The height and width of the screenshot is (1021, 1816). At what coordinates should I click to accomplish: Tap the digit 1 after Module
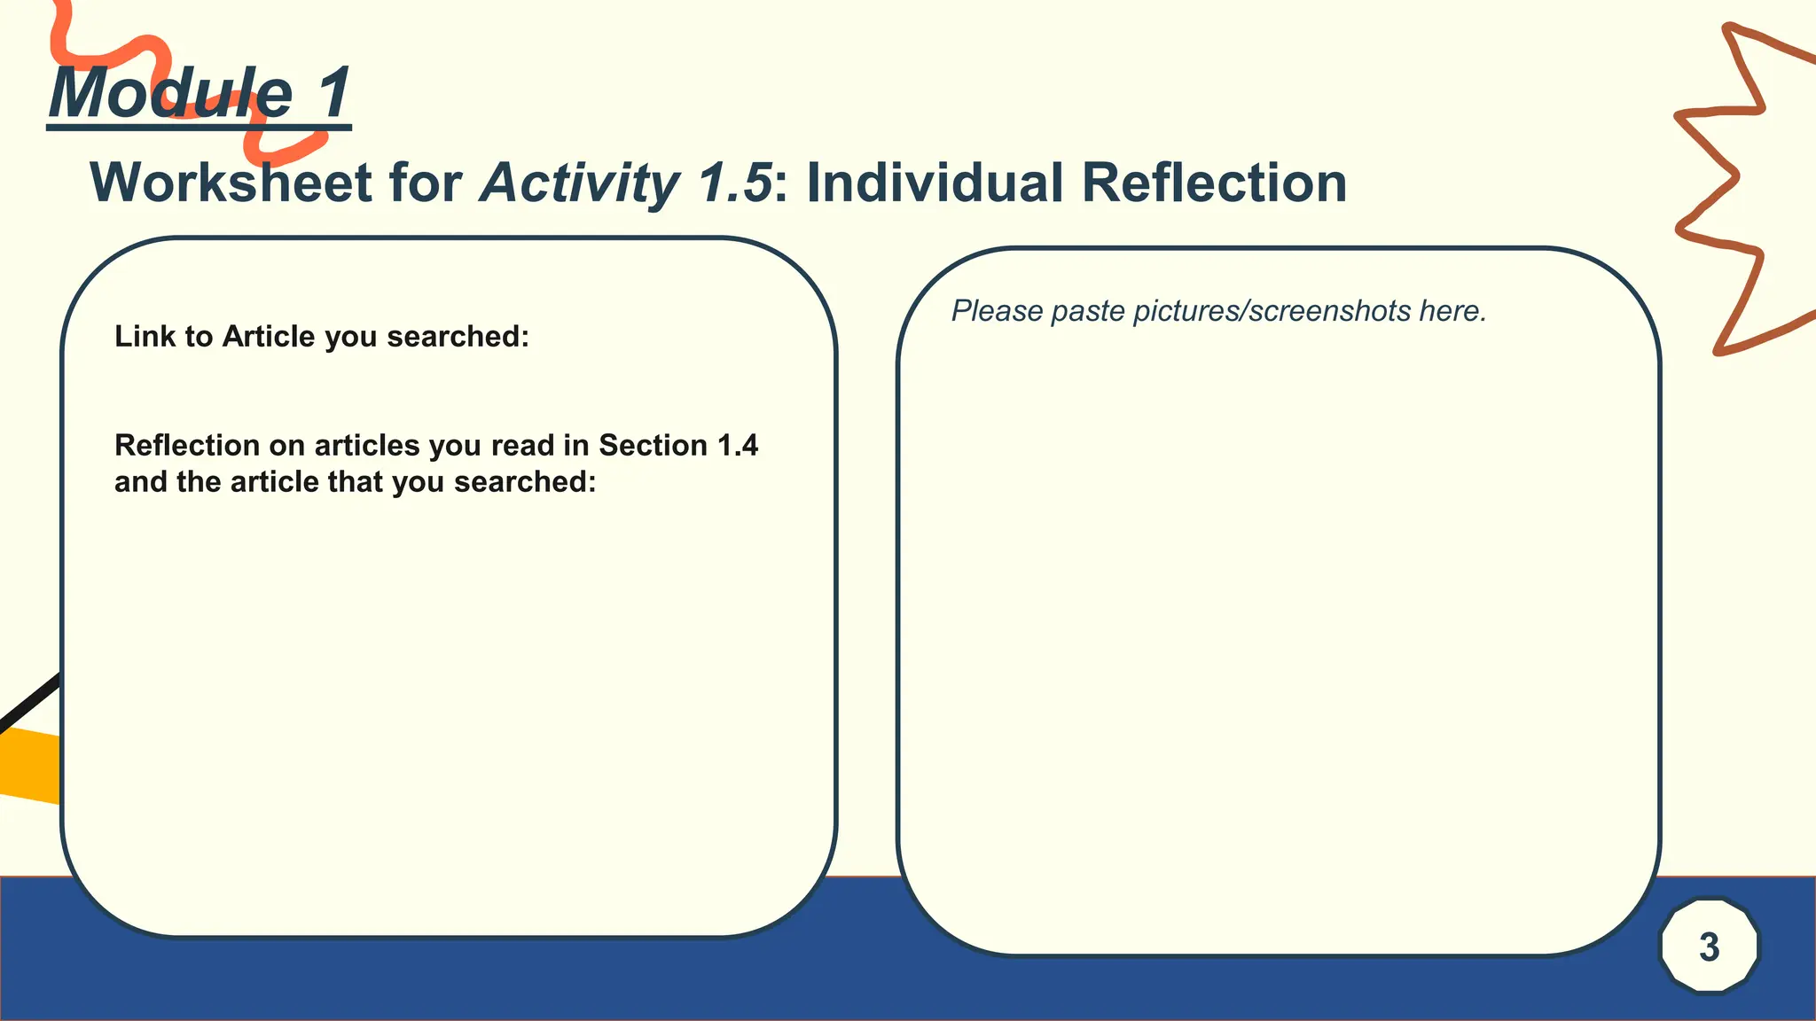coord(335,93)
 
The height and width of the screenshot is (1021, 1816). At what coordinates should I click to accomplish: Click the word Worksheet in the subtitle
coord(231,183)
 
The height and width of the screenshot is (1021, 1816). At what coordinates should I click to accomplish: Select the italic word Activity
coord(579,183)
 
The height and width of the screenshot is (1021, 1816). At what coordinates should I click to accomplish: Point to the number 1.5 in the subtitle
coord(734,183)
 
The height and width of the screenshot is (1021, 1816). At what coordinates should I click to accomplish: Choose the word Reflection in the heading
coord(1214,183)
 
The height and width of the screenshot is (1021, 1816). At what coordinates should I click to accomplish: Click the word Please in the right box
coord(997,311)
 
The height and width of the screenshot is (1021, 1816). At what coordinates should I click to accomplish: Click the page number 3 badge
coord(1709,947)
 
